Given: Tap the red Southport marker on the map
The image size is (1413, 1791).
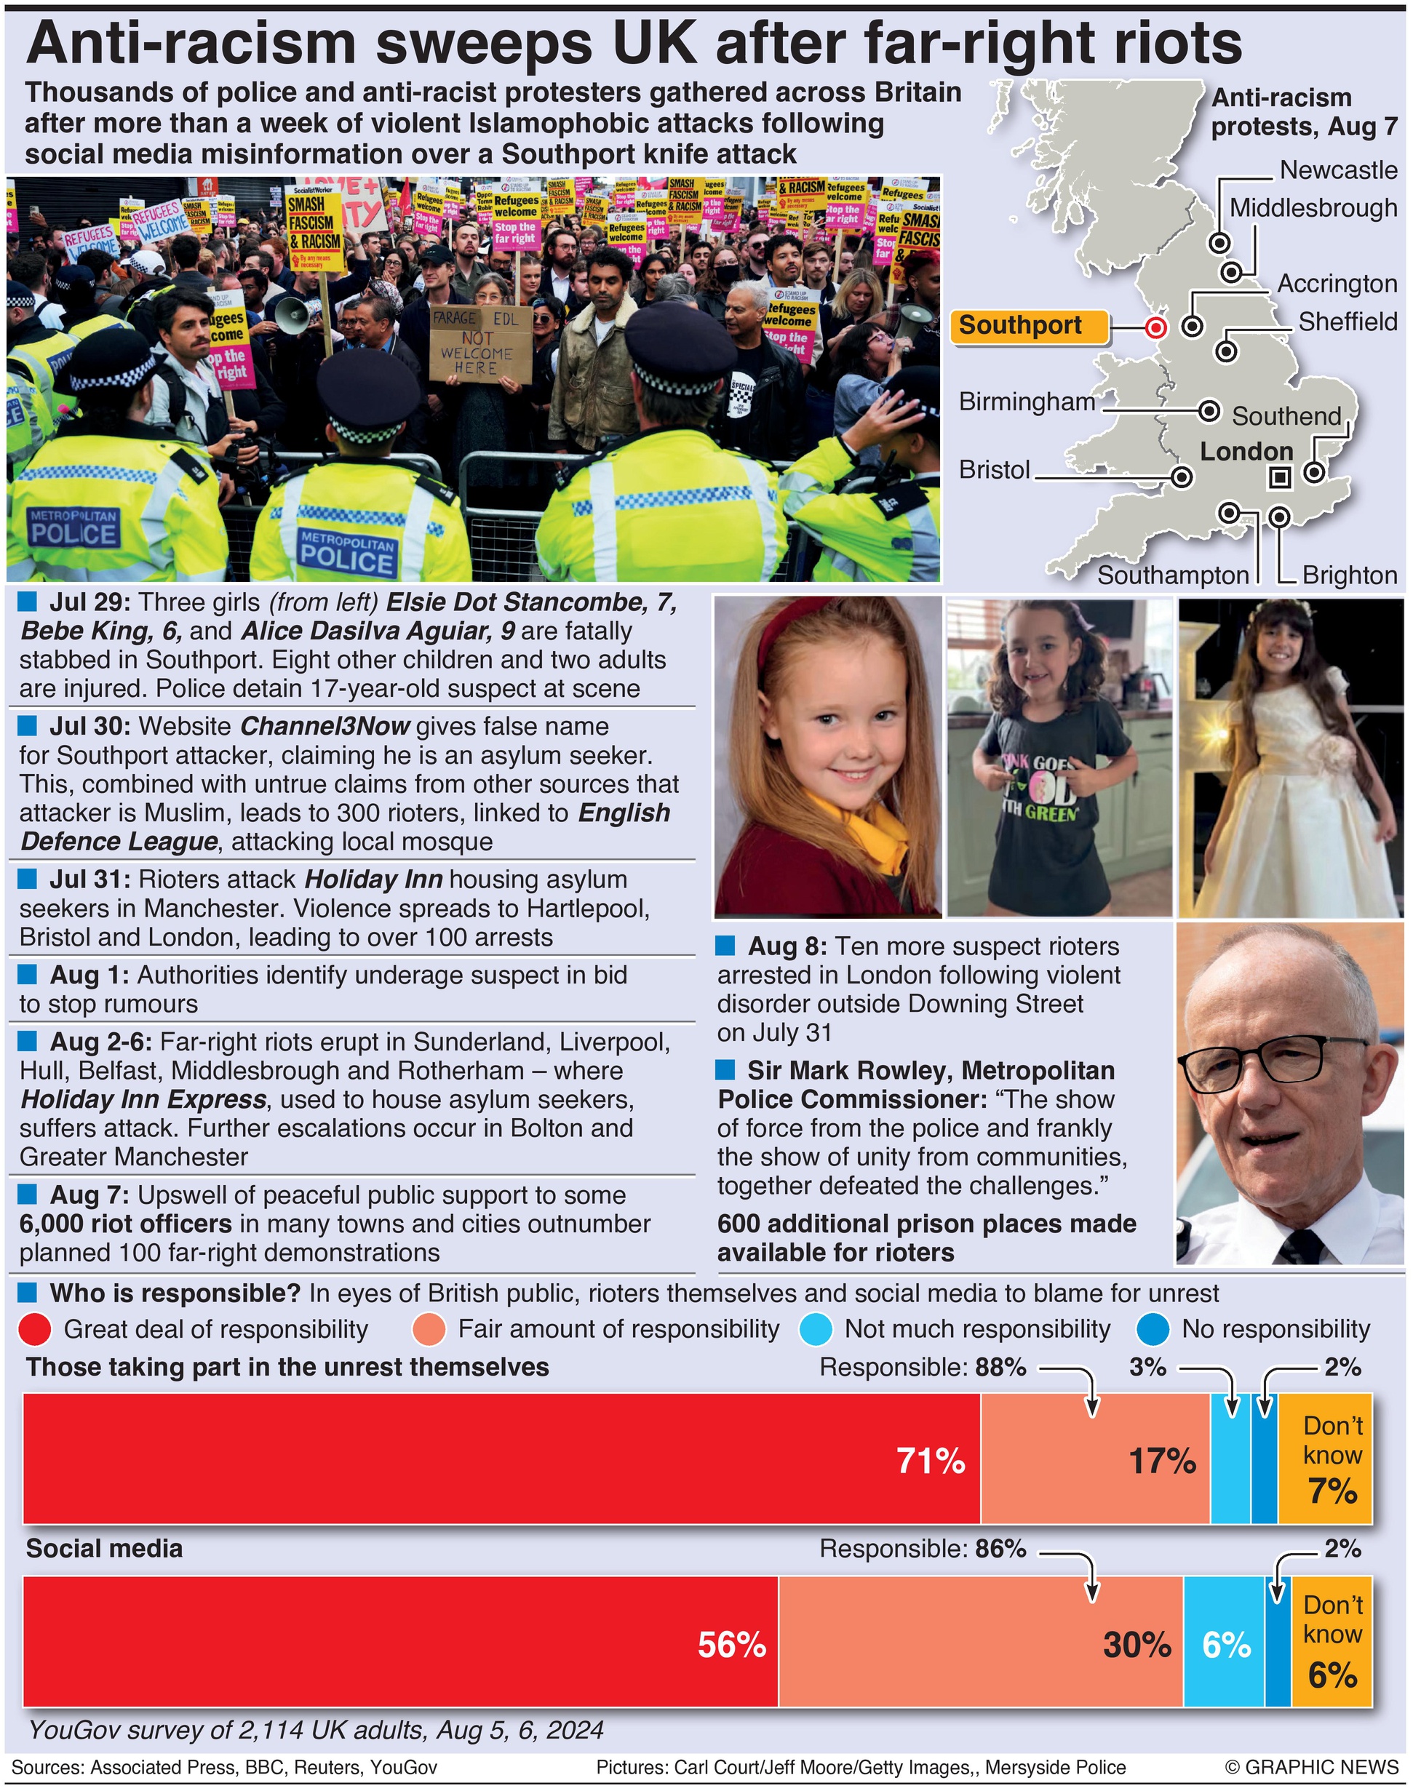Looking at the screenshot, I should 1155,327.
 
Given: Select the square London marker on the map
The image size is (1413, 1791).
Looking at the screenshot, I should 1280,476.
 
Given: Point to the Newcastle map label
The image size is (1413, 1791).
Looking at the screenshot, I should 1338,170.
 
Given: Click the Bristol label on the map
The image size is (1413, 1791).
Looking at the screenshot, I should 995,470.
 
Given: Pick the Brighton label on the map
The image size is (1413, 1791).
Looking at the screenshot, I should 1349,575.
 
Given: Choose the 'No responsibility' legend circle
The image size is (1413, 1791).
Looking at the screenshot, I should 1153,1329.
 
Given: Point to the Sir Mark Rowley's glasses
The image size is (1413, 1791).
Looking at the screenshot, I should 1269,1060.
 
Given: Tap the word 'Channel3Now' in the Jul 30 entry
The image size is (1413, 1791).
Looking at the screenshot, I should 325,726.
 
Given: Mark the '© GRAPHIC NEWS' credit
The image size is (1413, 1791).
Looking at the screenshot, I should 1311,1767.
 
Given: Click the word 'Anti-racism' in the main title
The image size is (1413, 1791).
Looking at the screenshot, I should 191,44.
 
